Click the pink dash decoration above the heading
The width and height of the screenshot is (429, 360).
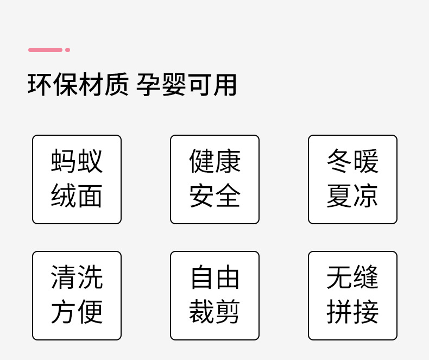[45, 50]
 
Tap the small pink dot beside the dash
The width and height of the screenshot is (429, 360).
[68, 50]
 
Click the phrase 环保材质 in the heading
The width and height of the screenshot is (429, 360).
[78, 85]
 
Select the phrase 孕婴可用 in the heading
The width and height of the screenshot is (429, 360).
[186, 85]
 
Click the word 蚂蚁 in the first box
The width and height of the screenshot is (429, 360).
[77, 161]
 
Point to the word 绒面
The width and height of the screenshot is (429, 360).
[77, 196]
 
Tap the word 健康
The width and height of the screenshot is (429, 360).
[214, 161]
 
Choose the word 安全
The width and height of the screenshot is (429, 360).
[214, 196]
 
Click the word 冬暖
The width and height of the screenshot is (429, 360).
[352, 161]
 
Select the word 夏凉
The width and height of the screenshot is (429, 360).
[352, 196]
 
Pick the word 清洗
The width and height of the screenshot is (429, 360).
[77, 277]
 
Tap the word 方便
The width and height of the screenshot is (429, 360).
[77, 312]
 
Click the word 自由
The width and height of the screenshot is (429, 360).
[214, 277]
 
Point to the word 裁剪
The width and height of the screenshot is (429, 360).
[214, 312]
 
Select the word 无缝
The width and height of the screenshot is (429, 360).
[352, 277]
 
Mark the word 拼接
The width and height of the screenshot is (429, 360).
[352, 312]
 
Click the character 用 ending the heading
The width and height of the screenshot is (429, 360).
[225, 85]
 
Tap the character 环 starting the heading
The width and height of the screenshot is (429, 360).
[40, 85]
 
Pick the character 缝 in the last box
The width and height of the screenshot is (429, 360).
[365, 277]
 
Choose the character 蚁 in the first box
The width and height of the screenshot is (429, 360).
[90, 161]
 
